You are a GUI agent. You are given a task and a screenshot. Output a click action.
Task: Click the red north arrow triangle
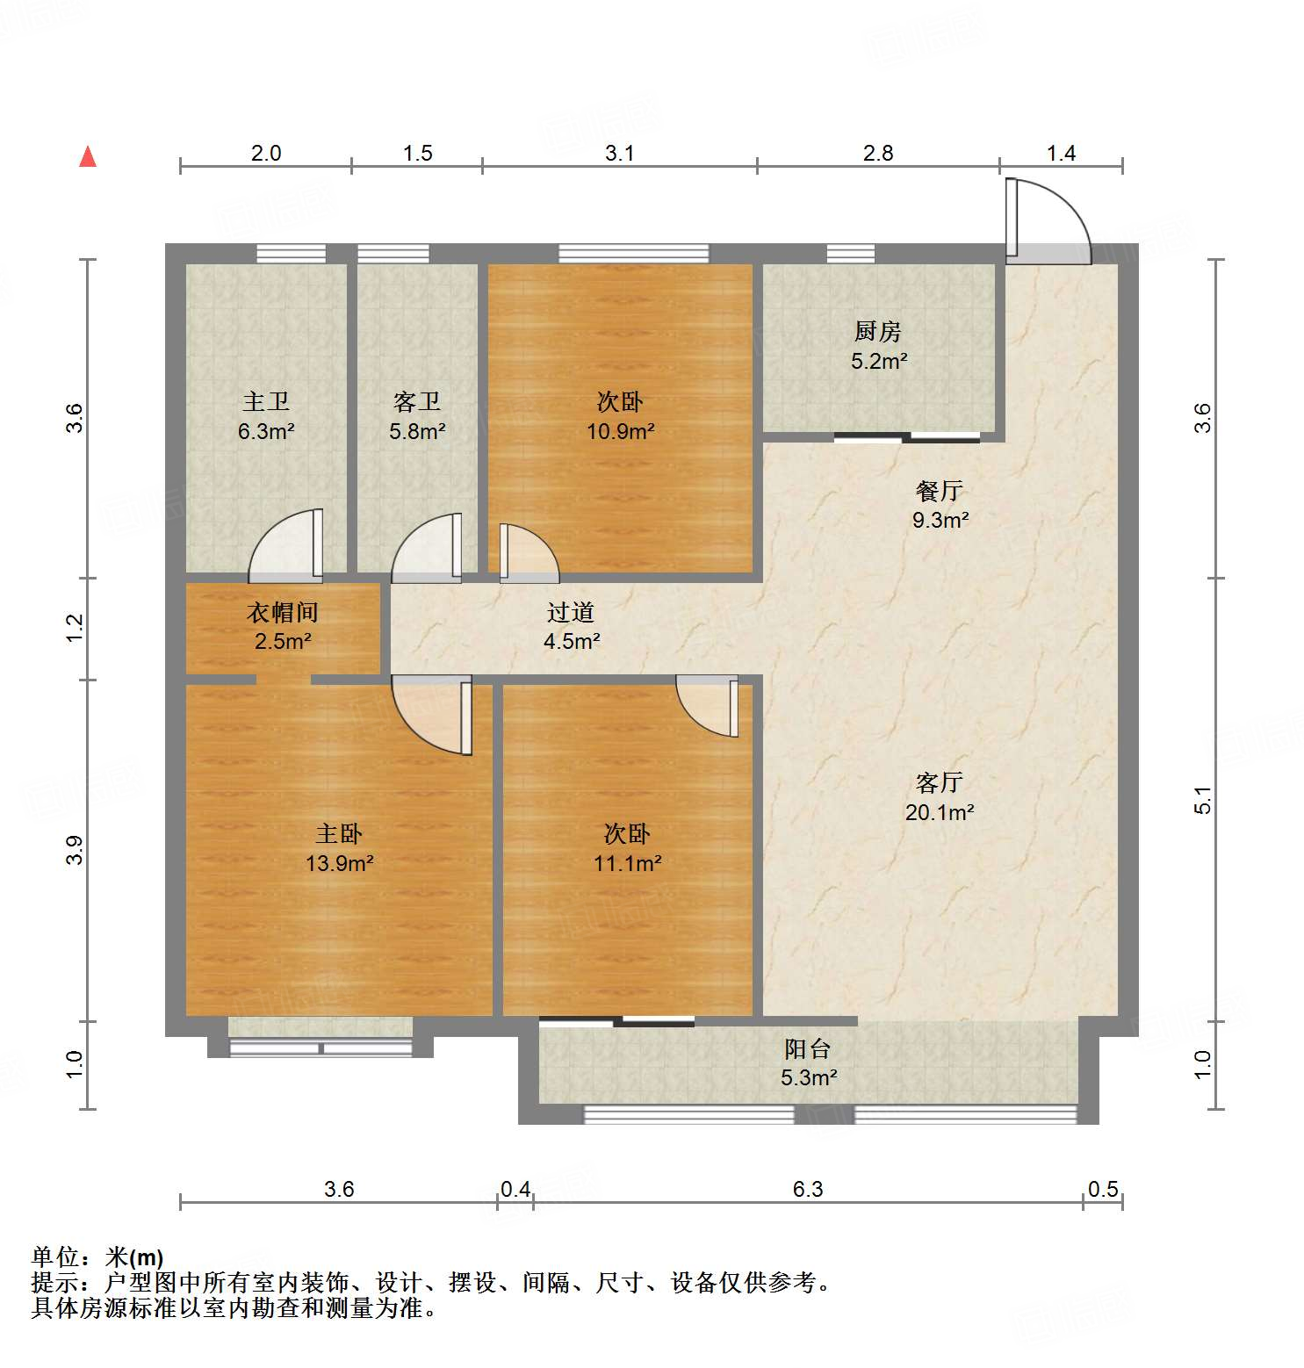(88, 157)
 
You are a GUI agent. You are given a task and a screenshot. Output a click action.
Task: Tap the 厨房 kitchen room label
(877, 332)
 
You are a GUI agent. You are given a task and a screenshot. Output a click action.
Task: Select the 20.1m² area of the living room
(940, 812)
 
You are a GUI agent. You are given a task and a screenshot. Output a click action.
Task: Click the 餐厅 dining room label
(939, 491)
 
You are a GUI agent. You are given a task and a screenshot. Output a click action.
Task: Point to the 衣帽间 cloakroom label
(282, 612)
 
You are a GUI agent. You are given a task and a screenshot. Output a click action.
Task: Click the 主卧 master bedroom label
(339, 833)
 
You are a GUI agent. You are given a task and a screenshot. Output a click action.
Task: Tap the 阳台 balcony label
(807, 1048)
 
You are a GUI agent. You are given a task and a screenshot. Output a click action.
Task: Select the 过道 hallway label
(571, 612)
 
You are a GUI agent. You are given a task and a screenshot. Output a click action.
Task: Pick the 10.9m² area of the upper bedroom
(620, 431)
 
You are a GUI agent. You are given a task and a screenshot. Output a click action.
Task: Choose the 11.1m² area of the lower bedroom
(627, 863)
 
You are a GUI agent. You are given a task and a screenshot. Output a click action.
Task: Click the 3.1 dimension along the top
(619, 154)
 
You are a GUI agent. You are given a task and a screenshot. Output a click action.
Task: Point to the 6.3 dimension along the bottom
(808, 1189)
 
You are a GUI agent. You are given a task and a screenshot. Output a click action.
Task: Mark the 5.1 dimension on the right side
(1202, 800)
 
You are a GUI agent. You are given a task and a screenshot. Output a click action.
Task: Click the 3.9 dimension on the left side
(75, 850)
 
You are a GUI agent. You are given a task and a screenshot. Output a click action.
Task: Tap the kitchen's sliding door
(906, 436)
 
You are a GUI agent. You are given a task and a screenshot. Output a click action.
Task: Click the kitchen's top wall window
(850, 254)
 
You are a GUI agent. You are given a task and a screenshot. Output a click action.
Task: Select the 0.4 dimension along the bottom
(515, 1189)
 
